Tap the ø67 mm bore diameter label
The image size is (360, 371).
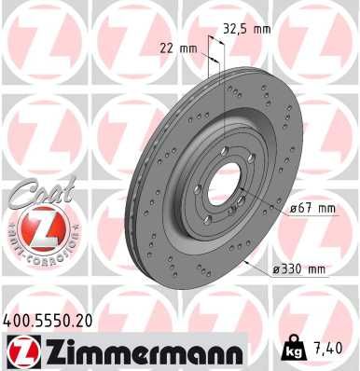[x=312, y=209]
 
